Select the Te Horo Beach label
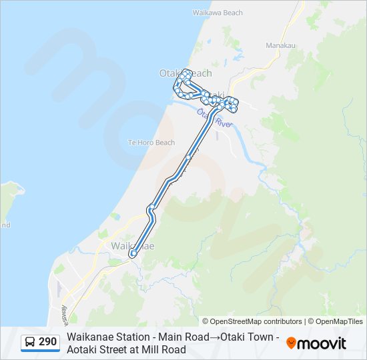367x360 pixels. click(x=151, y=143)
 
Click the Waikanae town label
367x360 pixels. click(x=132, y=245)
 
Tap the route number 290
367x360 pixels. click(x=47, y=342)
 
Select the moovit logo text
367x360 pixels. click(x=322, y=343)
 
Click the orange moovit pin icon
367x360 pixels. click(x=291, y=343)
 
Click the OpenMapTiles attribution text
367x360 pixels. click(x=339, y=321)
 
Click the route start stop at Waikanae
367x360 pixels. click(x=133, y=253)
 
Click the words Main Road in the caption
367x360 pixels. click(x=179, y=337)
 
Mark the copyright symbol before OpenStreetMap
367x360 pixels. click(x=206, y=321)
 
